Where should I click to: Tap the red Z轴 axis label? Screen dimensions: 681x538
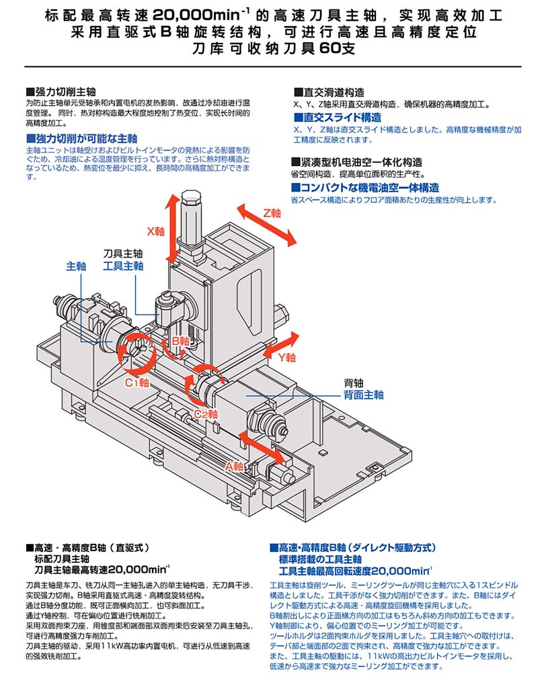click(x=272, y=212)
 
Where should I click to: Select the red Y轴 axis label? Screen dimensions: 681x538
click(x=286, y=357)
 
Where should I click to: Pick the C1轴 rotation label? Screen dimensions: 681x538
click(x=137, y=383)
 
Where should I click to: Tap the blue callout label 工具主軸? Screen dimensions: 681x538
click(x=123, y=266)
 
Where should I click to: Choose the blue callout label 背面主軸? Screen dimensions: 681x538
click(x=363, y=395)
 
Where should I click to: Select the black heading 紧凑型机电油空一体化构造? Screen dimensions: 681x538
click(x=360, y=162)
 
